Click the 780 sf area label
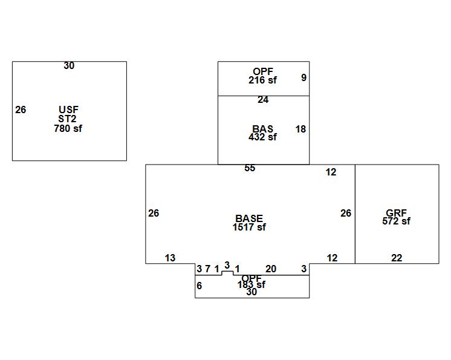point(68,128)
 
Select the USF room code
point(68,110)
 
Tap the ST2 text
point(68,119)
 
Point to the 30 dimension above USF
point(69,65)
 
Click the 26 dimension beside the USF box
point(21,110)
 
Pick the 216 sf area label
point(262,80)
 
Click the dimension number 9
point(303,77)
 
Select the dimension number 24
point(263,100)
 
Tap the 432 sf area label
point(262,137)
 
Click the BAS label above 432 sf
point(262,129)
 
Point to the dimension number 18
point(300,129)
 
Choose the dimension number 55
point(250,168)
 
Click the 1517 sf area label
point(249,227)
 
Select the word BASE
point(249,218)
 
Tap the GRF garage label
point(396,213)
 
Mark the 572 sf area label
point(396,221)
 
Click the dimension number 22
point(397,258)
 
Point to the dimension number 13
point(170,258)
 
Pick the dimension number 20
point(271,269)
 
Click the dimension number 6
point(200,286)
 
